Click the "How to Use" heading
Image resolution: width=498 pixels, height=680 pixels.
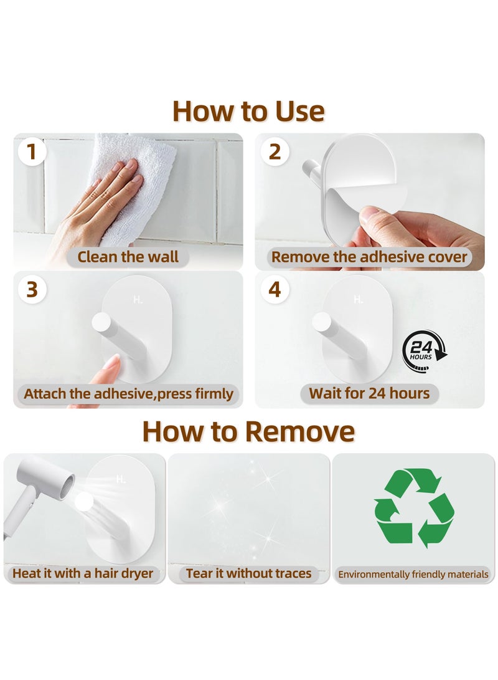[x=248, y=111]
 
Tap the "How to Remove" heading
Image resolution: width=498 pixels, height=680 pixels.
[x=248, y=431]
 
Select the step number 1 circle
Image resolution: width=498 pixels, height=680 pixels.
[x=32, y=152]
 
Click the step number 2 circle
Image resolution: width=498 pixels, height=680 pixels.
[x=275, y=152]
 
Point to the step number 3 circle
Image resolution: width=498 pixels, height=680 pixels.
[x=32, y=289]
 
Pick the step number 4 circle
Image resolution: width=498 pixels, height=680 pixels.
[x=275, y=289]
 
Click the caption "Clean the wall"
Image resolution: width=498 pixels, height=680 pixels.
[x=128, y=257]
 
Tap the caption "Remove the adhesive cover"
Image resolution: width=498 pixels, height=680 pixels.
[x=369, y=257]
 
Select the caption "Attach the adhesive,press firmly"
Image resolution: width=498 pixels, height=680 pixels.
[x=129, y=394]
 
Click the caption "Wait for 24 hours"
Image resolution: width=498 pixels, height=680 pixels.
[x=369, y=393]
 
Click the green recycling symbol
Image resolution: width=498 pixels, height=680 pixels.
[x=415, y=508]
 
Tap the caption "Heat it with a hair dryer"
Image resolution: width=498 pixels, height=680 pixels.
[x=83, y=573]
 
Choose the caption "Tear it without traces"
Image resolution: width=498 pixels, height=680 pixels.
[x=248, y=573]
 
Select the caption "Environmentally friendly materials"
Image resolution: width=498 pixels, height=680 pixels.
[x=413, y=575]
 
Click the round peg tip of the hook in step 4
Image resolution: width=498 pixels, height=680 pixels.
[x=321, y=322]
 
